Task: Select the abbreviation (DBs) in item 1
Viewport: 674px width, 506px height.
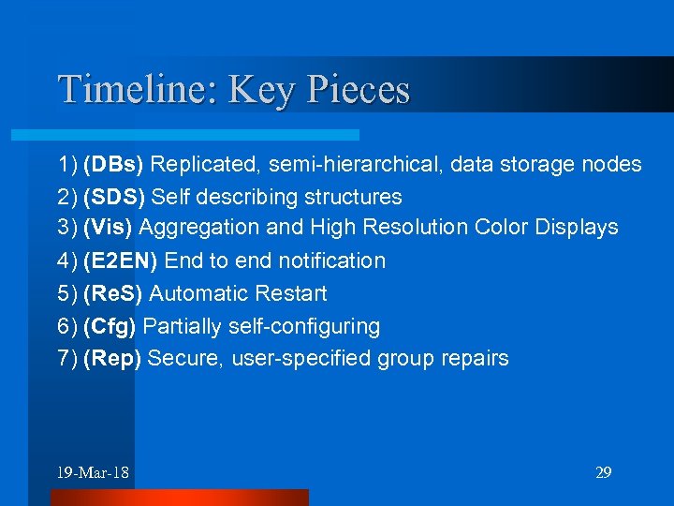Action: click(x=113, y=165)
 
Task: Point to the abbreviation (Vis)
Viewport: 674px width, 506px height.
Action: click(x=110, y=227)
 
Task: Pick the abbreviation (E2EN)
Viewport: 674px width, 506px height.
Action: click(x=121, y=260)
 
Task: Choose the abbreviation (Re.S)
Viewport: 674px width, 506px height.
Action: click(x=112, y=294)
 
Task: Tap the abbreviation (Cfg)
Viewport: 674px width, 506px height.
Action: click(x=111, y=327)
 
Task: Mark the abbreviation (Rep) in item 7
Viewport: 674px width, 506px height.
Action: click(x=112, y=359)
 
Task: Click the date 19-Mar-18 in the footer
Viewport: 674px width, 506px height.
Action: click(x=93, y=472)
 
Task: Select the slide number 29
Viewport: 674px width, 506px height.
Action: click(x=604, y=472)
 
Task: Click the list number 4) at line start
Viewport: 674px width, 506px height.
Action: click(x=67, y=260)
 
